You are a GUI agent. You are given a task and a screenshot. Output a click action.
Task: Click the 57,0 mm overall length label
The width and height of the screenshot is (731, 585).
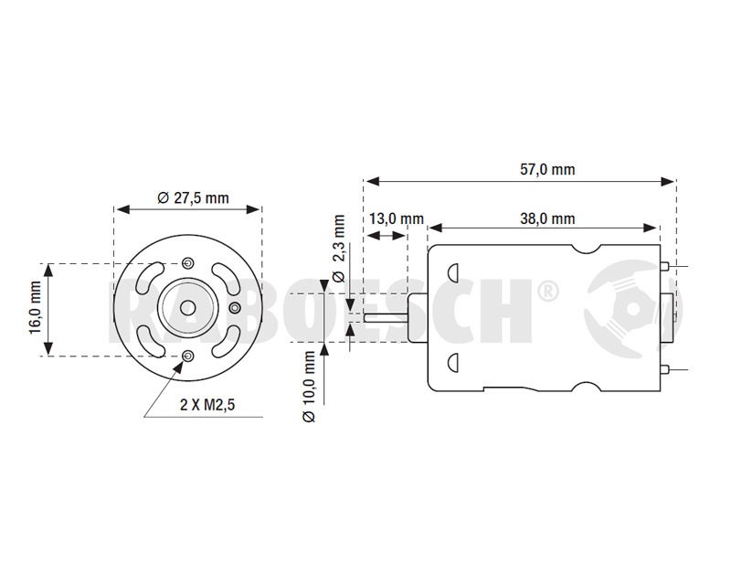pos(547,169)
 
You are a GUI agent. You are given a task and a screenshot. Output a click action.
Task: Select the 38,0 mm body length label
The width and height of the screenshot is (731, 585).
pos(547,218)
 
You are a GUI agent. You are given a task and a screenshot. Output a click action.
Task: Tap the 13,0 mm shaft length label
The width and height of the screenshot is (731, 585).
pos(397,218)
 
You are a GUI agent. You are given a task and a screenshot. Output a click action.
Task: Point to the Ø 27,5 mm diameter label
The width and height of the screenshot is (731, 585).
pos(193,197)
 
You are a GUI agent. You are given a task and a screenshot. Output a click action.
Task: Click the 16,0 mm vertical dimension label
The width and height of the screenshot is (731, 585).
pos(36,307)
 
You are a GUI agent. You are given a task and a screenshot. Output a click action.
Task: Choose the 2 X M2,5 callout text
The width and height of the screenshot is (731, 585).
pos(207,404)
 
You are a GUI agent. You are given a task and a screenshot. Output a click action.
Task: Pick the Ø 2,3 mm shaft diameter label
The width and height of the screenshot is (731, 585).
pos(339,249)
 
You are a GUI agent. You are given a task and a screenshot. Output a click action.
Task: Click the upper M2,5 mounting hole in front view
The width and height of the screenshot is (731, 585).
pos(188,262)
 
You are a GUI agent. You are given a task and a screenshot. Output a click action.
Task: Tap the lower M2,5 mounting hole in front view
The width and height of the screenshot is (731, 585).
pos(188,356)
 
